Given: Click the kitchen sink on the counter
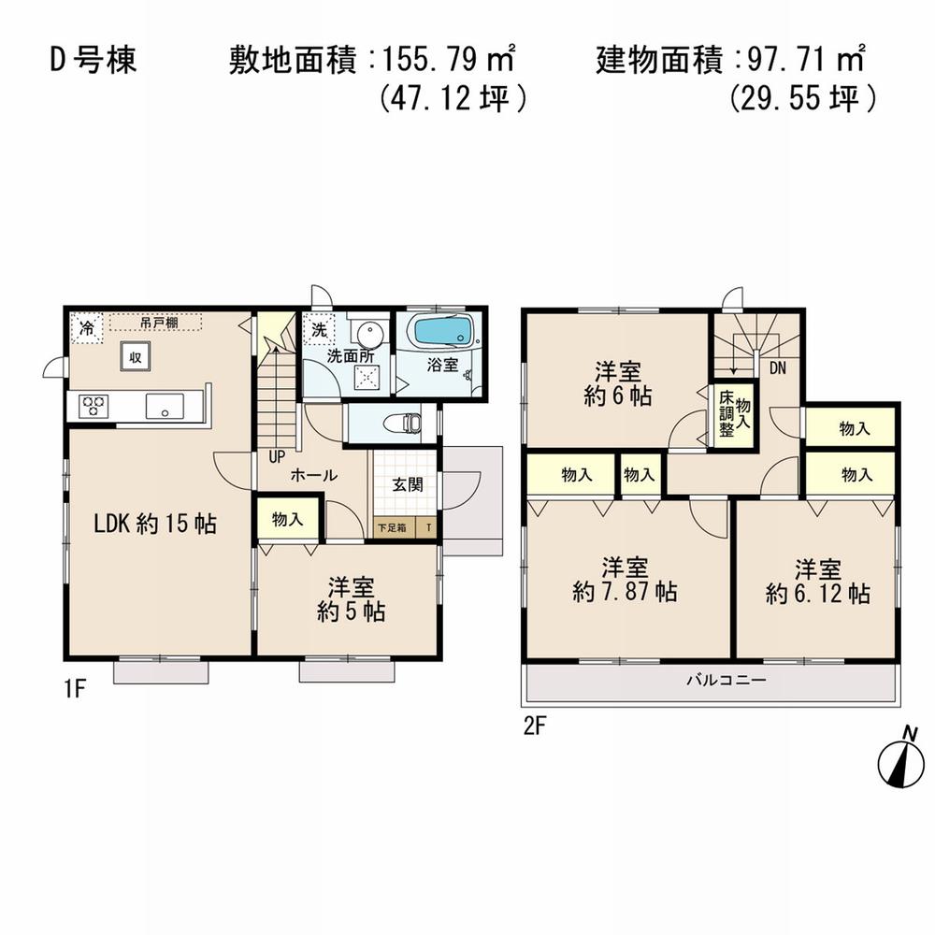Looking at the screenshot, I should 165,406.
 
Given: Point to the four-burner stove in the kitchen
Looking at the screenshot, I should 93,406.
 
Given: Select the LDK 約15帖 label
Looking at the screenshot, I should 154,525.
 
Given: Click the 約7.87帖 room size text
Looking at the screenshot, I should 625,592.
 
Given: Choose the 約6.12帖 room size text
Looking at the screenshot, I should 818,592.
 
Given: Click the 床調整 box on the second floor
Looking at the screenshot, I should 726,419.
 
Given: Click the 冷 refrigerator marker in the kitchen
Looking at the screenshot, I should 86,329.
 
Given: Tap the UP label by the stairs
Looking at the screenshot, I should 277,457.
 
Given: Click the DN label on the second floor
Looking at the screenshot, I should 778,368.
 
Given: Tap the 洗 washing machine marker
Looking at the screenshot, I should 318,329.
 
